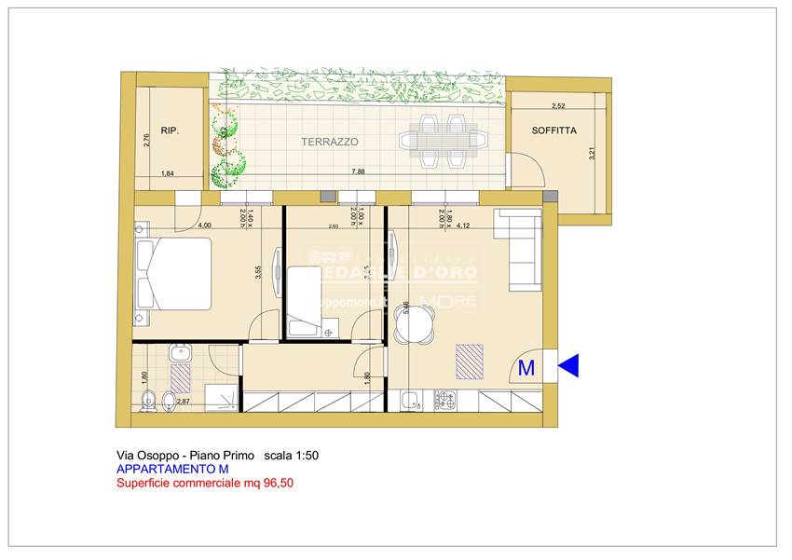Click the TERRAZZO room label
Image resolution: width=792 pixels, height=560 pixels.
coord(329,142)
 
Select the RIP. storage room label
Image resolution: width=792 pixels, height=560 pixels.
coord(169,131)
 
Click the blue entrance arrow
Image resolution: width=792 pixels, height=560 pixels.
coord(568,368)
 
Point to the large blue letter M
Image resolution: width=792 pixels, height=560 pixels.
coord(526,368)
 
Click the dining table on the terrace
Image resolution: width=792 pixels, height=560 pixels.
coord(444,140)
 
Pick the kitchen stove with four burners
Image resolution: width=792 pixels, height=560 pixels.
coord(444,401)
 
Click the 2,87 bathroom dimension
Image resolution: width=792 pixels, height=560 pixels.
coord(184,402)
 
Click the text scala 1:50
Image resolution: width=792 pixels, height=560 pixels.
coord(292,455)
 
